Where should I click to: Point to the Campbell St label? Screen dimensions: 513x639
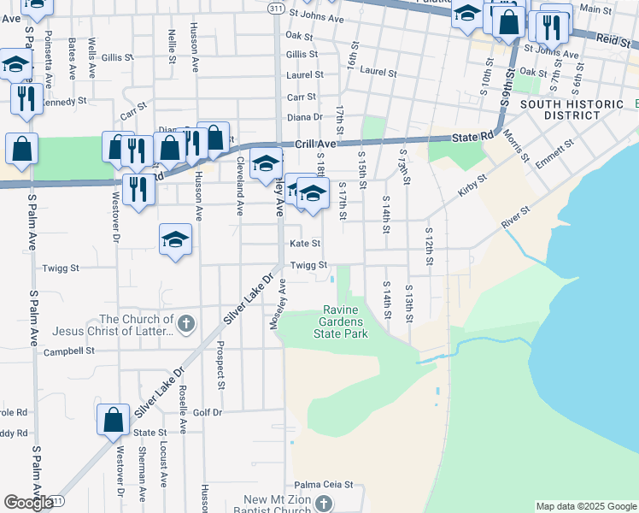point(70,351)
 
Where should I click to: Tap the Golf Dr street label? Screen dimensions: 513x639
point(208,412)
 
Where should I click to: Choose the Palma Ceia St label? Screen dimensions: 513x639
point(324,484)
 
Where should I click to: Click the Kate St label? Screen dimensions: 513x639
point(305,244)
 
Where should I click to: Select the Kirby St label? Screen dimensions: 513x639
point(472,186)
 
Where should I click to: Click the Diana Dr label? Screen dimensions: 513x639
point(305,117)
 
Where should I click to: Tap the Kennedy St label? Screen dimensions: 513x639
point(65,101)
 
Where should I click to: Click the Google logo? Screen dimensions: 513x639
point(28,502)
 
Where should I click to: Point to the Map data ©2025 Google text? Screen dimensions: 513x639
point(585,506)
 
